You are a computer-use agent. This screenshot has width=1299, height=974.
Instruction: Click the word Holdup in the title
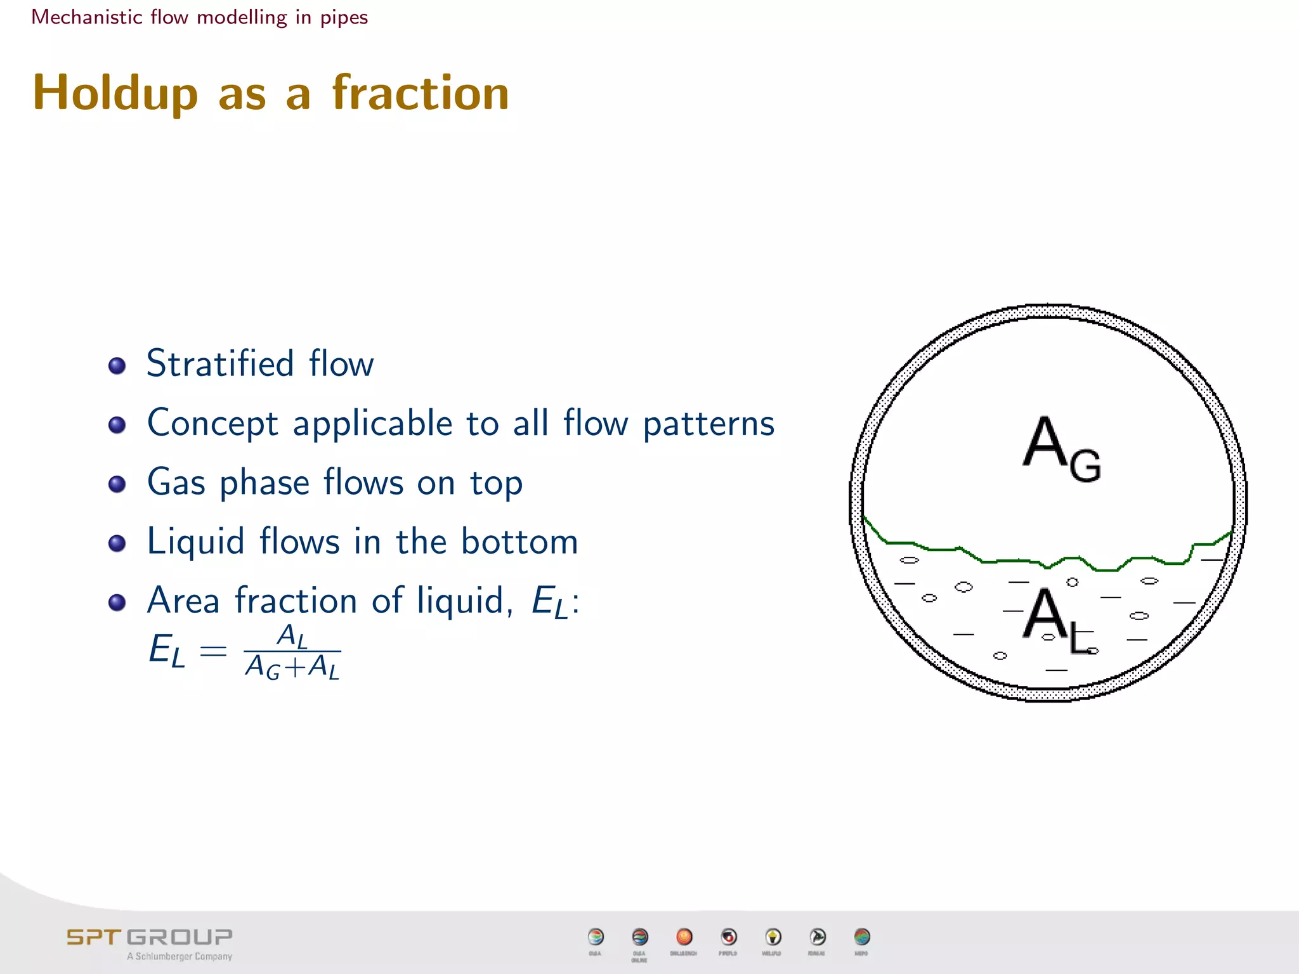[x=115, y=94]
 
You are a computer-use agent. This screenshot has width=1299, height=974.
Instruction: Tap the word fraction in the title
[x=421, y=93]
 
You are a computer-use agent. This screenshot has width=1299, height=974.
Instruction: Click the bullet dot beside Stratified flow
[x=117, y=365]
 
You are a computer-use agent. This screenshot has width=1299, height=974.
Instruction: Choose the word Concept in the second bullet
[x=212, y=423]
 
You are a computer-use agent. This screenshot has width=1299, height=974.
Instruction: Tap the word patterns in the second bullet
[x=708, y=423]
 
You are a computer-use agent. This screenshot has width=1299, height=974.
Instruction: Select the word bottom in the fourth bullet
[x=519, y=542]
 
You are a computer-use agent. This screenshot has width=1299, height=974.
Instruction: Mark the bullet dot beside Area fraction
[x=117, y=602]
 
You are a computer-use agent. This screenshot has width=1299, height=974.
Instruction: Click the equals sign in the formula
[x=213, y=651]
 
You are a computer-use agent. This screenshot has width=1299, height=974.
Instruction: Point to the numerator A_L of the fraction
[x=292, y=635]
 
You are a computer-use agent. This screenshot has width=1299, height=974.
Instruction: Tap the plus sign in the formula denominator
[x=294, y=668]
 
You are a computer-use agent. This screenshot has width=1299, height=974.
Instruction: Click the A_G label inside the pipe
[x=1061, y=450]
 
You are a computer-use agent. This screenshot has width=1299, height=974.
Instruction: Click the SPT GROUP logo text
[x=150, y=937]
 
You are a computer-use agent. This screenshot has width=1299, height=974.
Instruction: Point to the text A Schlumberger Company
[x=180, y=956]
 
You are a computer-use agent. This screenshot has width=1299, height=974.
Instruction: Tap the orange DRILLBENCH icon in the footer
[x=684, y=937]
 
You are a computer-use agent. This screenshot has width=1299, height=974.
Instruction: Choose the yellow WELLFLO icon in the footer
[x=773, y=937]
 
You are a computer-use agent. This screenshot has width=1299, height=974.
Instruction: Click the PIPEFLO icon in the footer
[x=729, y=937]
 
